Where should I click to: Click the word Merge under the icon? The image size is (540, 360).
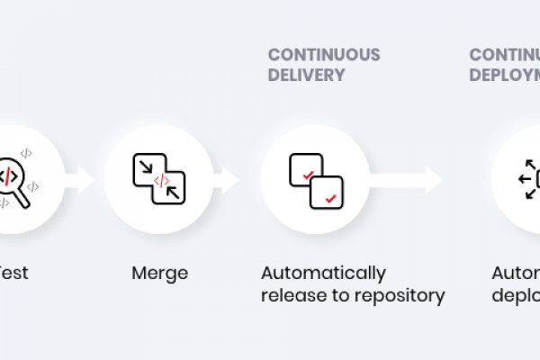point(159,273)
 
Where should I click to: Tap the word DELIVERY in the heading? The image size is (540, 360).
point(306,76)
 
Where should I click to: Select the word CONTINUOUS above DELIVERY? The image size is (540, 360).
point(324,55)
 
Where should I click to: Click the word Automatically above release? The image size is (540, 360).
point(323,273)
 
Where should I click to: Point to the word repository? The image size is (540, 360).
point(401,295)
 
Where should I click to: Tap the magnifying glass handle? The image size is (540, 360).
point(22,199)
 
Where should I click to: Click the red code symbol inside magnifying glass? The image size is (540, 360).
point(9,174)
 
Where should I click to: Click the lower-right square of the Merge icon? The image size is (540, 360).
point(171,188)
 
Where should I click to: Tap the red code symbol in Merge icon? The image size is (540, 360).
point(161,180)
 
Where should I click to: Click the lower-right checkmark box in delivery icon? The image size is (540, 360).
point(326,192)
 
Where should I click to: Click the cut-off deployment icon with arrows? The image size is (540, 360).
point(529,179)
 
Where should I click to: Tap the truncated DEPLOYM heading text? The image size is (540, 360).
point(504,76)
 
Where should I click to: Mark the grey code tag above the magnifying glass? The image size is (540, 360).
point(26,153)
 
